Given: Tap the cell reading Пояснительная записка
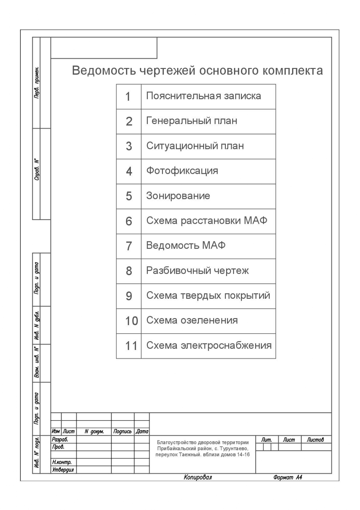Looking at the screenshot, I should click(204, 96).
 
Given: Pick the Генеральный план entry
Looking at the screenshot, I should click(192, 121).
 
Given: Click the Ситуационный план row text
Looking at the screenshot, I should click(195, 146).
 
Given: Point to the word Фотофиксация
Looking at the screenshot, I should click(182, 171).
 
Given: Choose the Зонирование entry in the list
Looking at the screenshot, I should click(178, 196).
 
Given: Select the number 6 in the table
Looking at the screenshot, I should click(129, 221).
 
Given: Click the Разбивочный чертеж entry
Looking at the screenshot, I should click(197, 271).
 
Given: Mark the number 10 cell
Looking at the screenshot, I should click(131, 321).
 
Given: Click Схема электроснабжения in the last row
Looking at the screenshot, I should click(209, 346).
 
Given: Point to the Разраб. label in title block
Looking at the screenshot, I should click(60, 439).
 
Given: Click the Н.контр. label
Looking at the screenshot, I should click(62, 462).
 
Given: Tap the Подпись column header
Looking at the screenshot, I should click(123, 432).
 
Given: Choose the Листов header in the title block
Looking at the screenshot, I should click(315, 440).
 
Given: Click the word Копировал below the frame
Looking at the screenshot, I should click(198, 477).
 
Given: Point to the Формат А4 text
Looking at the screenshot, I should click(288, 477).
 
